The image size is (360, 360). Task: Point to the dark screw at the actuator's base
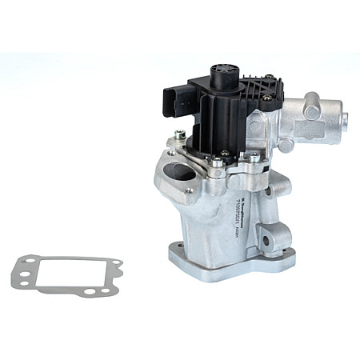click(x=225, y=152)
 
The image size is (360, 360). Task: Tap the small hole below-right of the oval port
click(x=190, y=191)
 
